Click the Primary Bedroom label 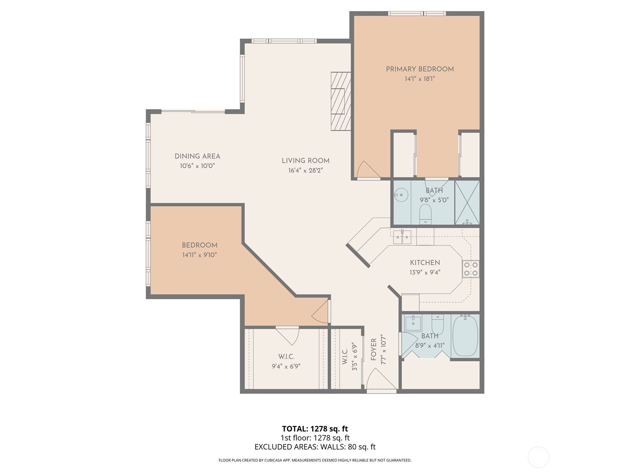click(420, 69)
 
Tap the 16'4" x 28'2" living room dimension click(306, 170)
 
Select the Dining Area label click(198, 156)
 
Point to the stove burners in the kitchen click(471, 269)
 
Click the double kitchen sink click(402, 237)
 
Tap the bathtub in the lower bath click(465, 336)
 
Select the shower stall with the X click(467, 202)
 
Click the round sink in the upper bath click(401, 195)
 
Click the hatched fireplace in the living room click(341, 101)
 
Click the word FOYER click(373, 350)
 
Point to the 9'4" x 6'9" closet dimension click(286, 366)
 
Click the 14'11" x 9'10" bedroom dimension click(200, 255)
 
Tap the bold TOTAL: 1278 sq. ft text click(315, 429)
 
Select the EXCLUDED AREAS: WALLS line click(315, 447)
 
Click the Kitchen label click(425, 263)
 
